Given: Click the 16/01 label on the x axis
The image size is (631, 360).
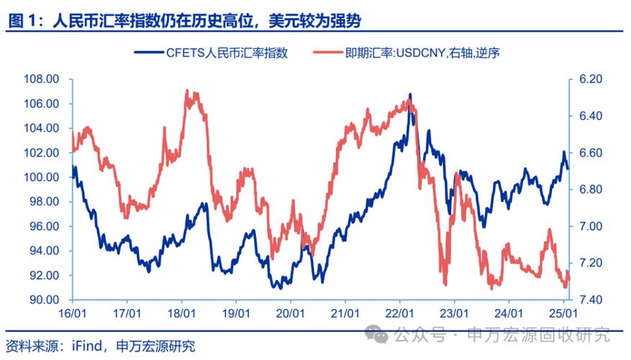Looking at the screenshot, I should tap(72, 314).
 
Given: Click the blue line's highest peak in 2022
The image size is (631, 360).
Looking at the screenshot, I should tap(410, 94).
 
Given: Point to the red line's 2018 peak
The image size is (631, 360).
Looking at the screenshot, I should tap(187, 91).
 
